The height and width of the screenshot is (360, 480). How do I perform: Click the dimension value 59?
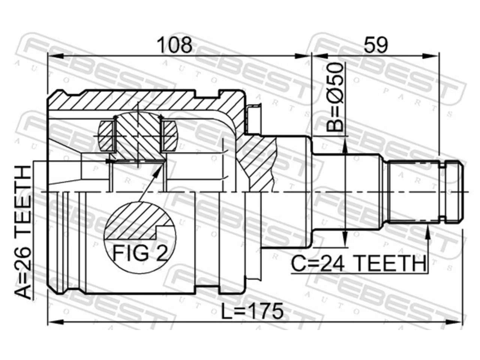pos(376,45)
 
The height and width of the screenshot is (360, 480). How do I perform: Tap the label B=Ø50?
pos(334,97)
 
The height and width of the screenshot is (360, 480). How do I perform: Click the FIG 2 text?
pos(139,252)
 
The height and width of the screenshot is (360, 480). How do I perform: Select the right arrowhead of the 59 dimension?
pos(430,56)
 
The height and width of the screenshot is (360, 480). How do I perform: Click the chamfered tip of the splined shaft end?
pos(460,192)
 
